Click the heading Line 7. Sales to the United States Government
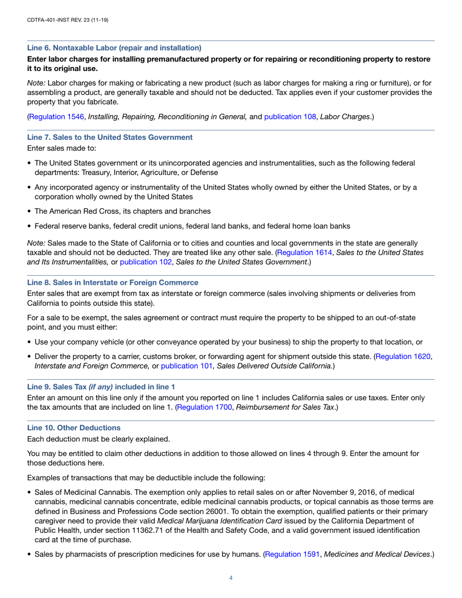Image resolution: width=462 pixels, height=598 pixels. coord(109,137)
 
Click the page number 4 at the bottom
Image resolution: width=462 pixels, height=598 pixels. coord(231,578)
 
